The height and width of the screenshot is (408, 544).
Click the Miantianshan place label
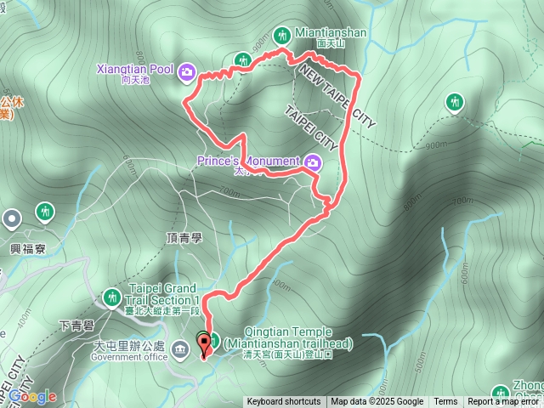click(x=331, y=33)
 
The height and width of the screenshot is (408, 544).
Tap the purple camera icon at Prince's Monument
click(x=313, y=161)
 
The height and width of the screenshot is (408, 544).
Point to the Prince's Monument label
click(x=248, y=161)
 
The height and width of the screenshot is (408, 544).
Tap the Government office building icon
click(x=180, y=348)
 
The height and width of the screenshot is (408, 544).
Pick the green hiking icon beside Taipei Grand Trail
click(x=110, y=297)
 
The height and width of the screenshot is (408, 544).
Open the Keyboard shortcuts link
click(x=284, y=402)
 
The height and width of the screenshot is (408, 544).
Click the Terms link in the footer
click(x=445, y=402)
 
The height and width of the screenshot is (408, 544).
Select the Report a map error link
click(x=504, y=402)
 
